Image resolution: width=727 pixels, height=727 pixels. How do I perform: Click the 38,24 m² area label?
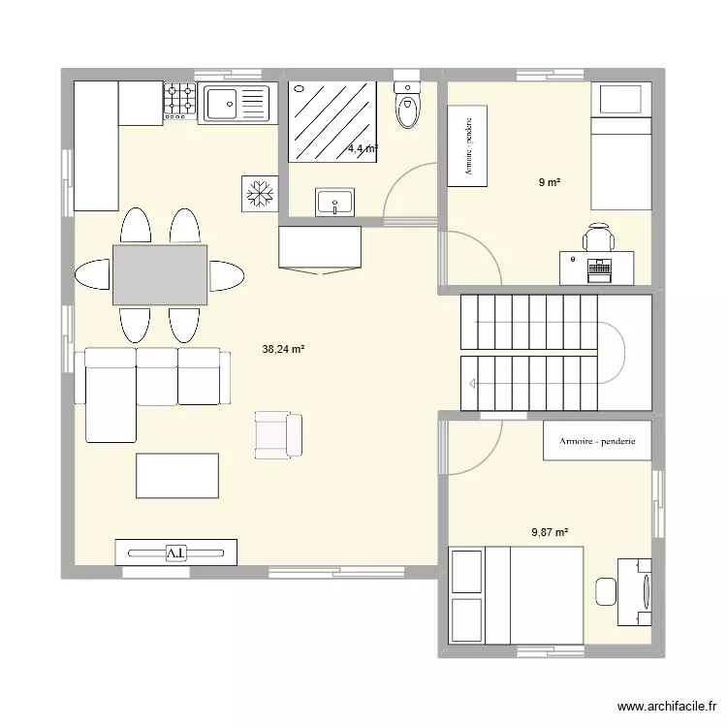point(283,350)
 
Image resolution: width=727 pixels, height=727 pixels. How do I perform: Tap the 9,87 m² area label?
point(550,531)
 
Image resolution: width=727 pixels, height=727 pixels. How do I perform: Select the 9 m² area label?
point(551,181)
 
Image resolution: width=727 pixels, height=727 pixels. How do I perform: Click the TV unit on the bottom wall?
point(175,552)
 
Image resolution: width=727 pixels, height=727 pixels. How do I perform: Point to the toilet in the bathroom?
point(408,106)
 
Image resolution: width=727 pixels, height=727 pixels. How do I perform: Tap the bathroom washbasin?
point(334,203)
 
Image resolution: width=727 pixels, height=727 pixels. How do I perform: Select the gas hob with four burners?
point(179,102)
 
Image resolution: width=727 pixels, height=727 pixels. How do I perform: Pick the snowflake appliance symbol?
point(259,193)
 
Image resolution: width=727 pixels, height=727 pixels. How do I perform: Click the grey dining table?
point(160,274)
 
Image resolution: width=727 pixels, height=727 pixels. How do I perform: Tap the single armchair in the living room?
point(278,433)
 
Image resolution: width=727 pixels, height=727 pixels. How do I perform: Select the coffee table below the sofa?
point(177,476)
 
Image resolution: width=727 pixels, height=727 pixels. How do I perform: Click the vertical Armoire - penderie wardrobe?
point(467,146)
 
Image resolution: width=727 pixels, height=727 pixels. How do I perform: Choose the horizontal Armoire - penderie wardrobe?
point(596,441)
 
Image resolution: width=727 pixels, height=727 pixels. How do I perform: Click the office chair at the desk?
point(598,237)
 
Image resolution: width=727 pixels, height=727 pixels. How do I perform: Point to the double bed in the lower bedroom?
point(516,595)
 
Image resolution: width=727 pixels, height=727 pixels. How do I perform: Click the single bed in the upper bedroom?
point(620,145)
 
